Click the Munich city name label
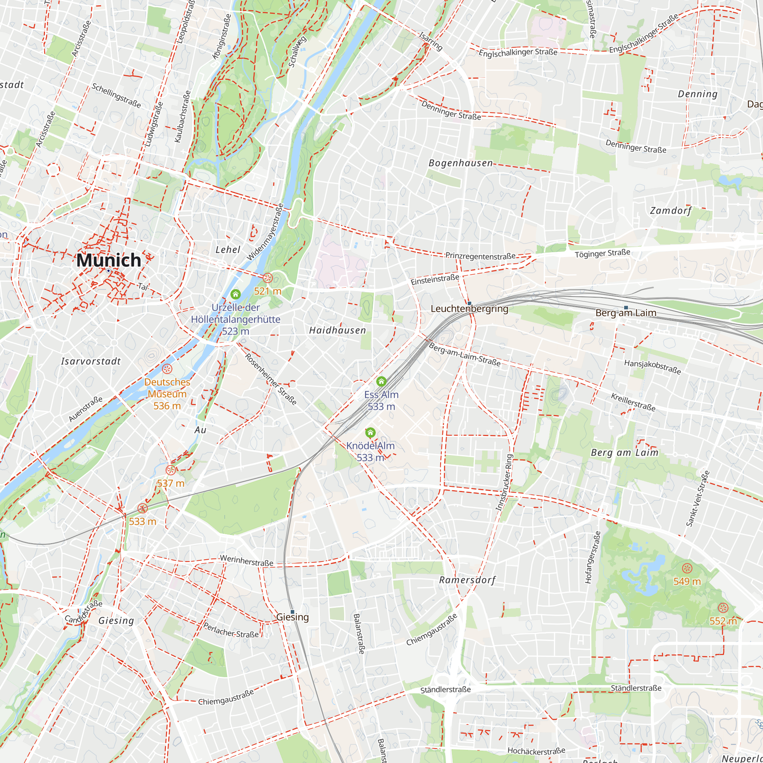[x=109, y=260]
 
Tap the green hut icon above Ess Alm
[x=381, y=381]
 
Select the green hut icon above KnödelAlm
[x=370, y=433]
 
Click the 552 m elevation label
[x=723, y=621]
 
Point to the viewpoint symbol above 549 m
[x=687, y=568]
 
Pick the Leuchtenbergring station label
[x=469, y=309]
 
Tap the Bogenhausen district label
[x=460, y=163]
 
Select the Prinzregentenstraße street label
[x=480, y=256]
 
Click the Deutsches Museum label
[x=167, y=388]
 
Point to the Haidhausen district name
[x=337, y=330]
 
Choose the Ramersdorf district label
[x=467, y=580]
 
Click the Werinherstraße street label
[x=246, y=560]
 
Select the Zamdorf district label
[x=671, y=211]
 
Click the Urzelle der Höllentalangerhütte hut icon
[x=235, y=294]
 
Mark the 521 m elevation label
[x=267, y=291]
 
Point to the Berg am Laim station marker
[x=626, y=307]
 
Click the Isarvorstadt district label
[x=91, y=361]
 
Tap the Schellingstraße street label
[x=116, y=95]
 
